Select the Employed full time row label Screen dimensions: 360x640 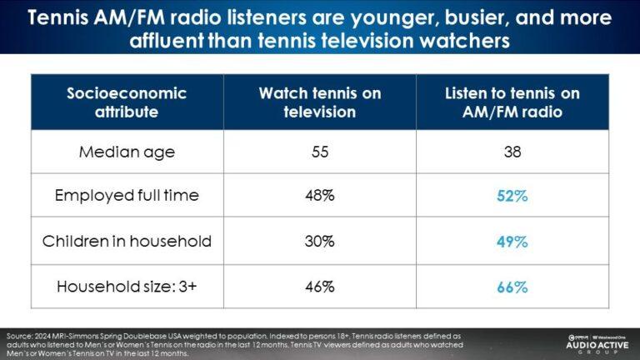(x=127, y=197)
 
